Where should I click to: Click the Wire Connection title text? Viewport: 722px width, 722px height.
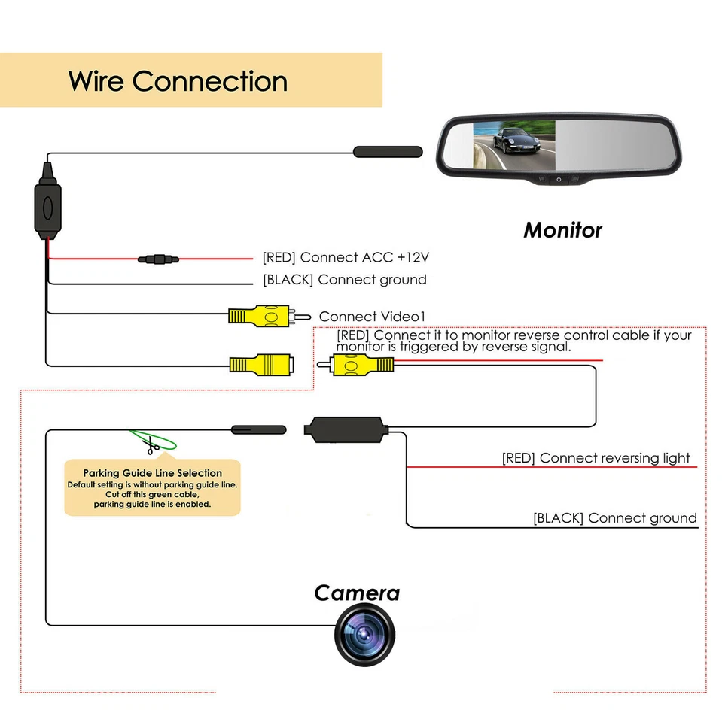point(178,81)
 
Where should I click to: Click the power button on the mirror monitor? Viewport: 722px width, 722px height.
point(559,180)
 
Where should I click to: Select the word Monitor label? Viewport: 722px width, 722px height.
point(562,229)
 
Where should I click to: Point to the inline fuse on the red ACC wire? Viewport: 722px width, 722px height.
point(157,259)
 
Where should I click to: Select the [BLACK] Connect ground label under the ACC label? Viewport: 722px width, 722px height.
point(344,280)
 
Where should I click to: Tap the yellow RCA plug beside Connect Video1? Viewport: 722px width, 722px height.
point(259,316)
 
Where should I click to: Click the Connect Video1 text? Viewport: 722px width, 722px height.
point(367,317)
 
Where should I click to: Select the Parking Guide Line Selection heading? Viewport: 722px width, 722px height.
point(152,473)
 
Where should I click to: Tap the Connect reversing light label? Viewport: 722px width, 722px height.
point(596,458)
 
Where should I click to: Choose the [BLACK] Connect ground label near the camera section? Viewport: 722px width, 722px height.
point(614,518)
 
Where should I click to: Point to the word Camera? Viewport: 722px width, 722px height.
point(357,593)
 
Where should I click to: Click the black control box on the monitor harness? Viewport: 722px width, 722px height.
point(47,207)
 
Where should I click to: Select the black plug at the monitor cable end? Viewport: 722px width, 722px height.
point(388,152)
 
